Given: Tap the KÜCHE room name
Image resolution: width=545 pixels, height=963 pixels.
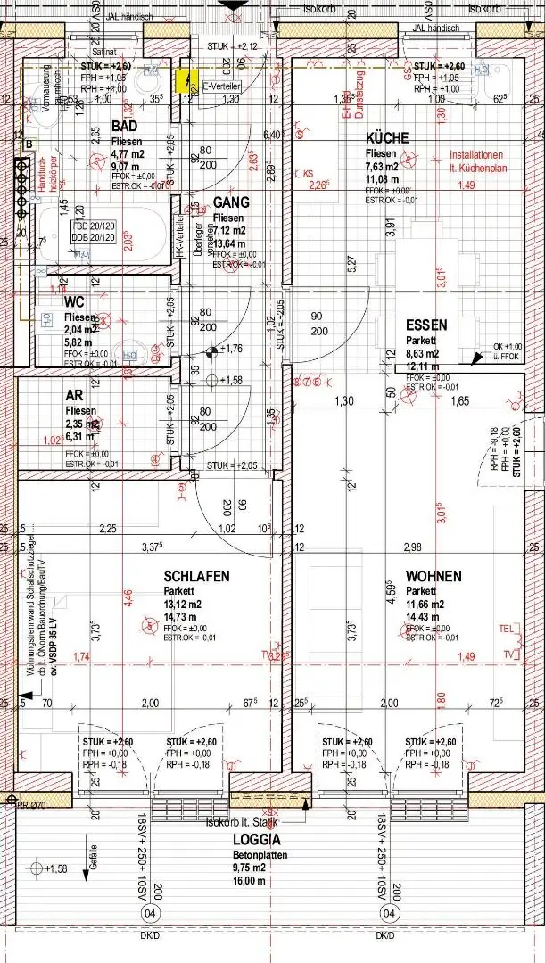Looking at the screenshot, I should point(387,138).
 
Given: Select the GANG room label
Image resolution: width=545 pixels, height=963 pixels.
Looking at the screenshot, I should point(231,203).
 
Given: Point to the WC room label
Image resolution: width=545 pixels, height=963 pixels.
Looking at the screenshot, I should point(74,302).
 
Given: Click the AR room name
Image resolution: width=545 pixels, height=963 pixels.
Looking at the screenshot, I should point(74,395).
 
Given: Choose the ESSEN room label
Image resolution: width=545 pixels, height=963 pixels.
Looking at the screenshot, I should point(426,325).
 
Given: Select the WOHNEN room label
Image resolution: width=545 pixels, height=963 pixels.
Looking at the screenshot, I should point(434,576).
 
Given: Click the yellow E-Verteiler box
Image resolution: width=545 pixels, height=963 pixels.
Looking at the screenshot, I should point(188,82).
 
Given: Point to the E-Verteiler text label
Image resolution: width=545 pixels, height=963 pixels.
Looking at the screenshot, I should point(222,86).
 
